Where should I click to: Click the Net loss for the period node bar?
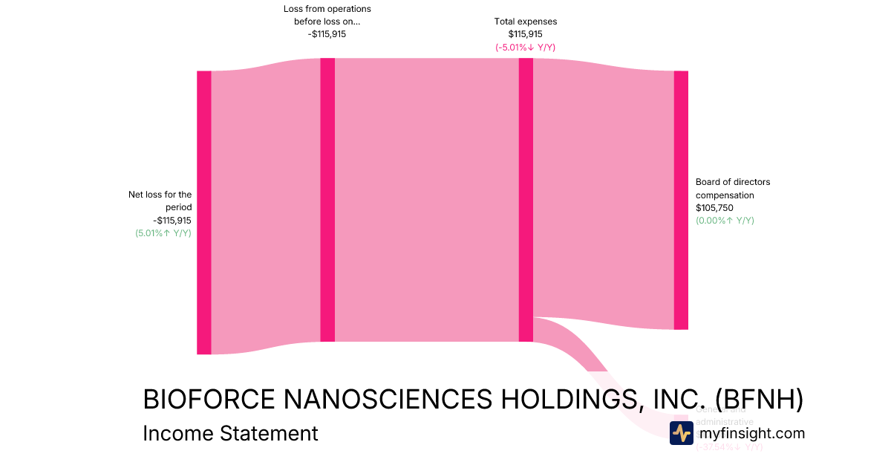pyautogui.click(x=203, y=212)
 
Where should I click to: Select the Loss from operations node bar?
pyautogui.click(x=327, y=200)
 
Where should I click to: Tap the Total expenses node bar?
pyautogui.click(x=526, y=200)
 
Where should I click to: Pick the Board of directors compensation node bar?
pyautogui.click(x=681, y=200)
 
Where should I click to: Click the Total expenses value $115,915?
pyautogui.click(x=525, y=34)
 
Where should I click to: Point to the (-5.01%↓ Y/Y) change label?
pyautogui.click(x=525, y=47)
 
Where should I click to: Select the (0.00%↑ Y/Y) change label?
pyautogui.click(x=725, y=221)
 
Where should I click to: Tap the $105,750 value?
pyautogui.click(x=715, y=208)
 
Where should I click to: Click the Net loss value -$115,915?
pyautogui.click(x=172, y=221)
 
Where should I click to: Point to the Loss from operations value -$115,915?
pyautogui.click(x=327, y=34)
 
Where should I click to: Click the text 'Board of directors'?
pyautogui.click(x=733, y=182)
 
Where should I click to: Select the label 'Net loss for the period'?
pyautogui.click(x=160, y=201)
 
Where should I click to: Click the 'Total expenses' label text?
pyautogui.click(x=525, y=22)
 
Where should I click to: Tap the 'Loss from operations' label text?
pyautogui.click(x=327, y=9)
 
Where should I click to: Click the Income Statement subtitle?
pyautogui.click(x=230, y=433)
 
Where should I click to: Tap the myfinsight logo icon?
pyautogui.click(x=681, y=433)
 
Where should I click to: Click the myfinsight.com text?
pyautogui.click(x=751, y=433)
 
